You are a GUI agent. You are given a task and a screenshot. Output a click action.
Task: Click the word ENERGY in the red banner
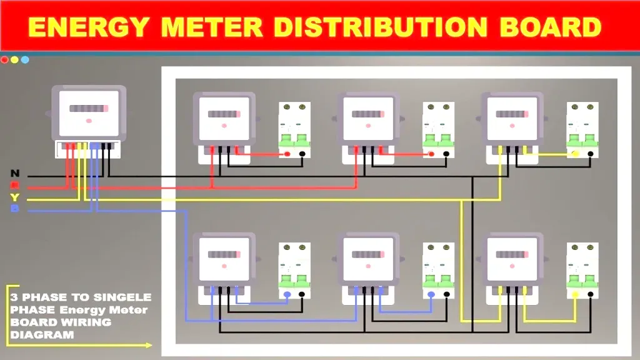click(89, 27)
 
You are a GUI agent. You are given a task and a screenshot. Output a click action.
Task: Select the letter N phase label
click(15, 173)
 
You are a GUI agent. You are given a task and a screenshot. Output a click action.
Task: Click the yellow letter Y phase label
click(15, 197)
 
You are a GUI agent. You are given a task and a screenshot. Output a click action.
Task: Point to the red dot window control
click(4, 60)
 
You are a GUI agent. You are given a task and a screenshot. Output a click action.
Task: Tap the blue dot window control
click(25, 60)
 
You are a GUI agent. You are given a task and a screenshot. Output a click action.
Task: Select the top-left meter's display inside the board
click(223, 114)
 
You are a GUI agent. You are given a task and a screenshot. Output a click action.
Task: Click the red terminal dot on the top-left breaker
click(287, 154)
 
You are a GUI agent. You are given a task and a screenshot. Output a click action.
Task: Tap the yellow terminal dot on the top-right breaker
click(576, 154)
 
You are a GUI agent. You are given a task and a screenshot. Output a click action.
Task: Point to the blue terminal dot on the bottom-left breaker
click(287, 294)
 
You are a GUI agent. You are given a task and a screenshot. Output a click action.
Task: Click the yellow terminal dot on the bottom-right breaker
click(576, 294)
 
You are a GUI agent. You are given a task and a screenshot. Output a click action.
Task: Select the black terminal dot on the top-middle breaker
click(447, 154)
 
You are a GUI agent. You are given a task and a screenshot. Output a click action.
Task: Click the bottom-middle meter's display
click(367, 255)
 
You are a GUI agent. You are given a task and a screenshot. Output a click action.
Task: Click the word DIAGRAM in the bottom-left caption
click(42, 334)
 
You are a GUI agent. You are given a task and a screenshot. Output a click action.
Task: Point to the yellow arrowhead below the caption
click(148, 345)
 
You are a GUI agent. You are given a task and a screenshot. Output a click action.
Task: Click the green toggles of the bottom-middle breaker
click(438, 279)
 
